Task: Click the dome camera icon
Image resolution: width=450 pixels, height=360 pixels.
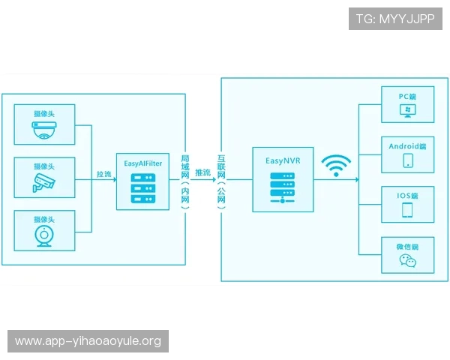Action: [x=45, y=132]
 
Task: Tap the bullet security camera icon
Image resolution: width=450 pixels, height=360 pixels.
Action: [x=44, y=181]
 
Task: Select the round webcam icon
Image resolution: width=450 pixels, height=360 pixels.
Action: [x=44, y=234]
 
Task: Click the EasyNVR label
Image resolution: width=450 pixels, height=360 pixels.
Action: [x=282, y=160]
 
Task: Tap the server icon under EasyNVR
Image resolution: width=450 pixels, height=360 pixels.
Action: [x=282, y=187]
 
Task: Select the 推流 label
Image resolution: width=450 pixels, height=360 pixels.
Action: [x=202, y=173]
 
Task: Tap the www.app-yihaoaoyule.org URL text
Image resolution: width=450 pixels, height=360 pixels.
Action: [x=88, y=341]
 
